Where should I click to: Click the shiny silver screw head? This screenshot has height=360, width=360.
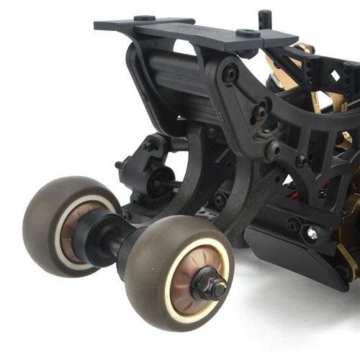click(x=312, y=233)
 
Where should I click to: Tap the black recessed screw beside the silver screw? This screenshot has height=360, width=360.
click(x=294, y=225)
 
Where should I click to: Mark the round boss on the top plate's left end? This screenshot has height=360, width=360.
click(x=144, y=18)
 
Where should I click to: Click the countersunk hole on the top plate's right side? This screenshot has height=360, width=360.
click(x=248, y=32)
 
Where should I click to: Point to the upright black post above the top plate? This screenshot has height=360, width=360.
click(x=264, y=20)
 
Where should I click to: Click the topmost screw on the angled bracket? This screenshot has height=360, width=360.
click(x=230, y=73)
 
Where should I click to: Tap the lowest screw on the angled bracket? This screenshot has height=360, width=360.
click(x=274, y=150)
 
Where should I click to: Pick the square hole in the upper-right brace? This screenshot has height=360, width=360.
click(x=334, y=76)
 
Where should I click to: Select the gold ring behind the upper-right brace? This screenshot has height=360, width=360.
click(x=302, y=50)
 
